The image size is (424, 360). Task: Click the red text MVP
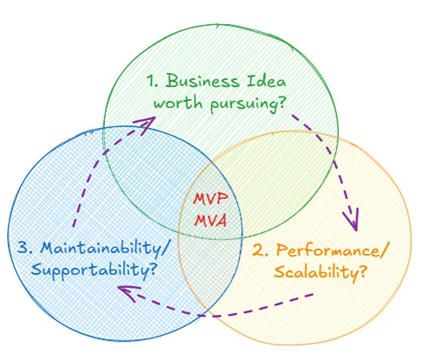210,200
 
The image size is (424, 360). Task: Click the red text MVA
211,221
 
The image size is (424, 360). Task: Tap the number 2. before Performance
260,251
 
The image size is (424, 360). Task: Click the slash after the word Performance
386,251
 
